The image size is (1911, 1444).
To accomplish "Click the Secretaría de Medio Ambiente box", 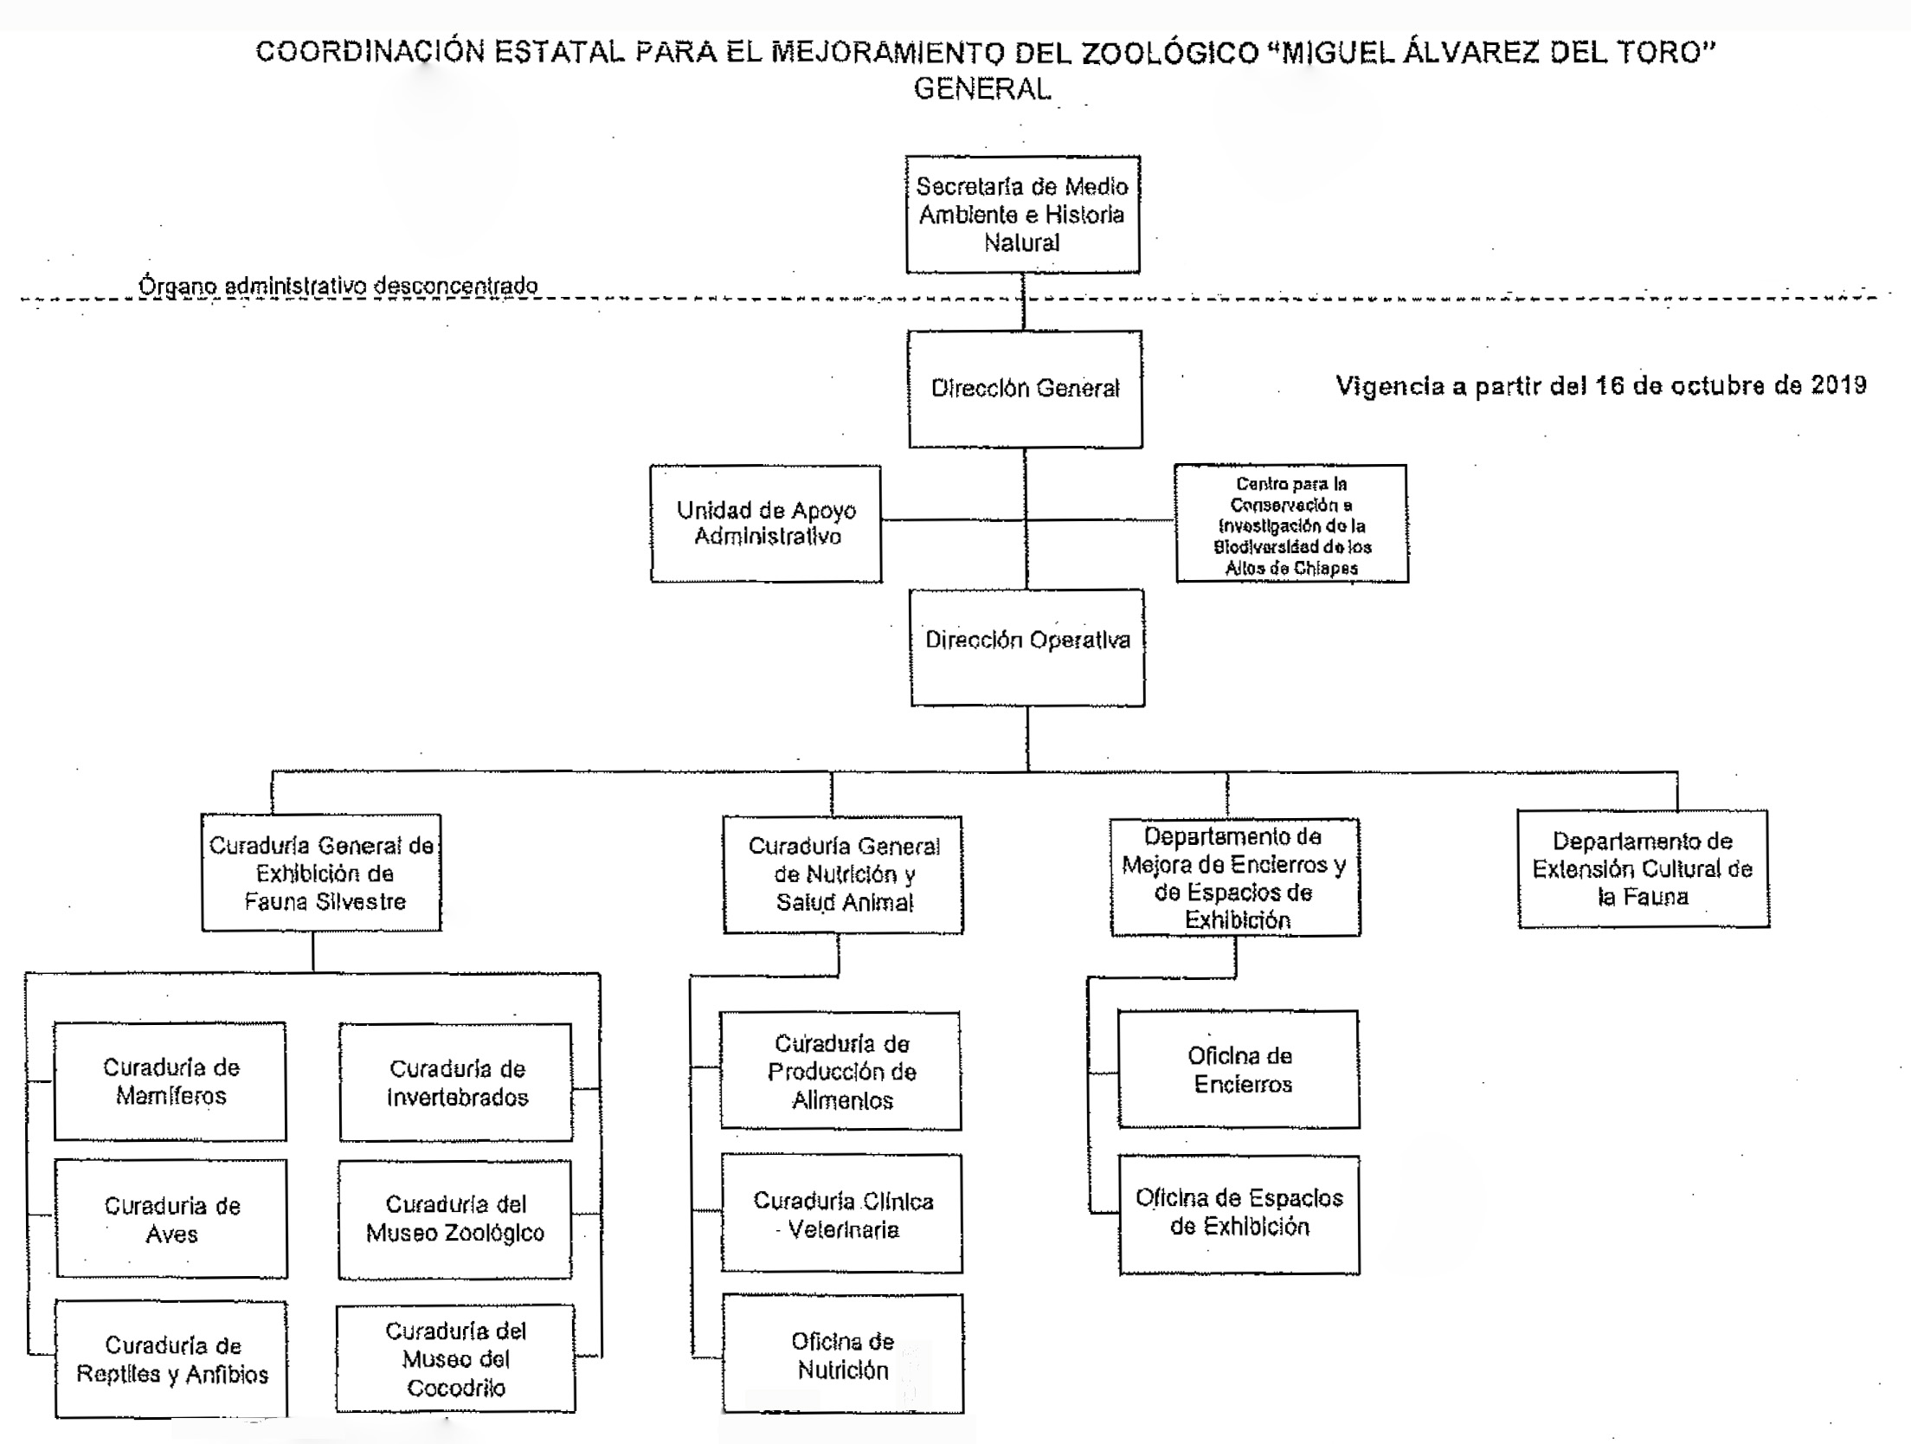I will pyautogui.click(x=1022, y=215).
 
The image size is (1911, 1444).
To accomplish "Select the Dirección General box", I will pyautogui.click(x=1025, y=389).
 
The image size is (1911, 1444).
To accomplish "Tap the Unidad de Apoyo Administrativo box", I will pyautogui.click(x=766, y=524).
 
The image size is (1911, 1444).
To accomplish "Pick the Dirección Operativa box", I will pyautogui.click(x=1027, y=648).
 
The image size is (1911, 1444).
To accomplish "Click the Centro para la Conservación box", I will pyautogui.click(x=1290, y=525).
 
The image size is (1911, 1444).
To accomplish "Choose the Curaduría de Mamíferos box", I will pyautogui.click(x=171, y=1081).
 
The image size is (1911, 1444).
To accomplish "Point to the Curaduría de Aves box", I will pyautogui.click(x=171, y=1219).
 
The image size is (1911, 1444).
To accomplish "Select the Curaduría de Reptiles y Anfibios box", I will pyautogui.click(x=171, y=1359).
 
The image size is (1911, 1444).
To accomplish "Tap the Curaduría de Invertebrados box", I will pyautogui.click(x=456, y=1082).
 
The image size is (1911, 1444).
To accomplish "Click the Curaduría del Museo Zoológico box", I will pyautogui.click(x=455, y=1219).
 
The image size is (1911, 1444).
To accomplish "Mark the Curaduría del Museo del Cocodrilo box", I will pyautogui.click(x=455, y=1358).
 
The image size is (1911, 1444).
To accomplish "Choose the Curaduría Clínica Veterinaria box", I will pyautogui.click(x=842, y=1214).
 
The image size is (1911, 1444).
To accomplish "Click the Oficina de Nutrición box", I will pyautogui.click(x=842, y=1355).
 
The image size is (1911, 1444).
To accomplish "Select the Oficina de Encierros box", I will pyautogui.click(x=1239, y=1069).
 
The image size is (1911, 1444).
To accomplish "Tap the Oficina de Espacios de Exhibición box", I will pyautogui.click(x=1239, y=1214).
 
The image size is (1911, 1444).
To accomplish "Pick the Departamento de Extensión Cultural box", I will pyautogui.click(x=1643, y=869).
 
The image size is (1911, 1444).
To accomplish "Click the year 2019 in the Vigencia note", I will pyautogui.click(x=1838, y=385).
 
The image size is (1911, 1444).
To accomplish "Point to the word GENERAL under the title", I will pyautogui.click(x=982, y=89).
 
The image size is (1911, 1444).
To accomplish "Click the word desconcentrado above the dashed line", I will pyautogui.click(x=455, y=286).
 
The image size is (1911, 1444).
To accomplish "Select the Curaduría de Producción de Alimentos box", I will pyautogui.click(x=841, y=1072).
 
